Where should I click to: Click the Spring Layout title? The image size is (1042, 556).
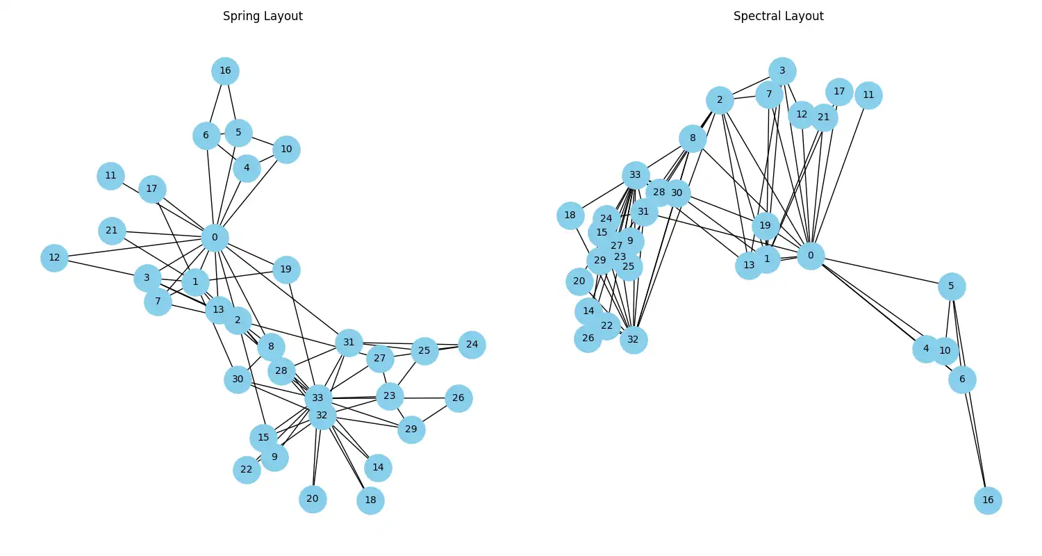263,16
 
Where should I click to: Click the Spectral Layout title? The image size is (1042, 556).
778,16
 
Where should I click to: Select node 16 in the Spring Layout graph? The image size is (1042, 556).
225,71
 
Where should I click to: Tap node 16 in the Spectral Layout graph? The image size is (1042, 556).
988,500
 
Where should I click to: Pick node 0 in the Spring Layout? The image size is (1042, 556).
215,238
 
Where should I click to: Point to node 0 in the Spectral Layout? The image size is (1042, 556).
810,256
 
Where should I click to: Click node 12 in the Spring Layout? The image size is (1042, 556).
53,258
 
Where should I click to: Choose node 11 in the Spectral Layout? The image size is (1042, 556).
868,95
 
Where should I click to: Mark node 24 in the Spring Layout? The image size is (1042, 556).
472,345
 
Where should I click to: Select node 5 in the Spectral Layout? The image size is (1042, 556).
952,286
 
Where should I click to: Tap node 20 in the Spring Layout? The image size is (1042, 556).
313,499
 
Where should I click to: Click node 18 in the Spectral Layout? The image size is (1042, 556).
570,215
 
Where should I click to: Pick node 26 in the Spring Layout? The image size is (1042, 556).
458,398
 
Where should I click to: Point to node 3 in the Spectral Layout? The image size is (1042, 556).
782,71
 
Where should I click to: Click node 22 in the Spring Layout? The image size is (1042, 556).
247,470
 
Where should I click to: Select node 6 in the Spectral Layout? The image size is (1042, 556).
962,379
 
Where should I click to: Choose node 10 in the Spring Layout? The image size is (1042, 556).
286,149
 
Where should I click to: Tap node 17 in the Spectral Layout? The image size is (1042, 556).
839,92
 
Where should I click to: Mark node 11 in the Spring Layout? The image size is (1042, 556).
110,176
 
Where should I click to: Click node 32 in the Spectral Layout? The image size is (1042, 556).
633,340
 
